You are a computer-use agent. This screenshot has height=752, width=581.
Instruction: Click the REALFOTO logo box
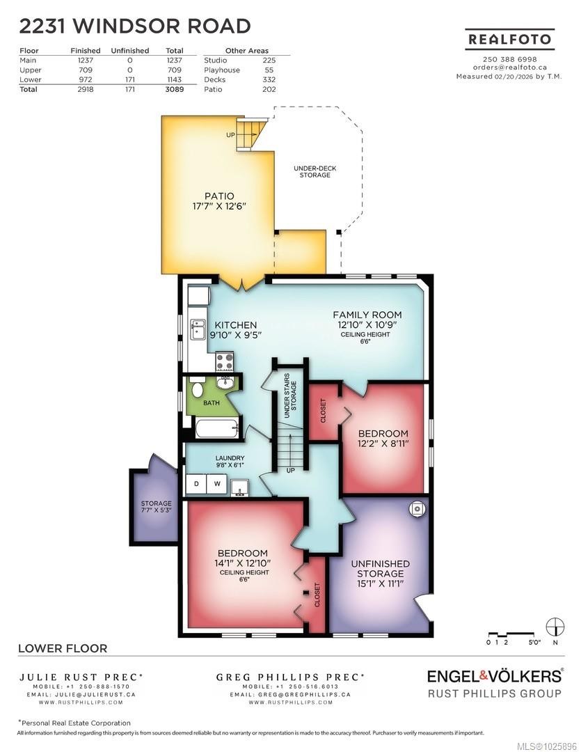(x=509, y=40)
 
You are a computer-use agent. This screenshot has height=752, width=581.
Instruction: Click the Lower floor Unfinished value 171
(x=129, y=79)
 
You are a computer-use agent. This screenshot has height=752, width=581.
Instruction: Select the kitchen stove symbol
(x=224, y=361)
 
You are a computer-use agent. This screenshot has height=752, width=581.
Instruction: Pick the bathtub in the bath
(x=216, y=427)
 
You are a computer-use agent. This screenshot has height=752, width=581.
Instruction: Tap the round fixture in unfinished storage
(x=415, y=509)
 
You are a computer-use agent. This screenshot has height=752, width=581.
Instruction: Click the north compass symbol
(x=555, y=626)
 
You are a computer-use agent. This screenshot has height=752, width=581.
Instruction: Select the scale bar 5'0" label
(x=534, y=643)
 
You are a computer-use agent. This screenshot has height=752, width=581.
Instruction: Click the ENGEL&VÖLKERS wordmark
(x=494, y=675)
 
